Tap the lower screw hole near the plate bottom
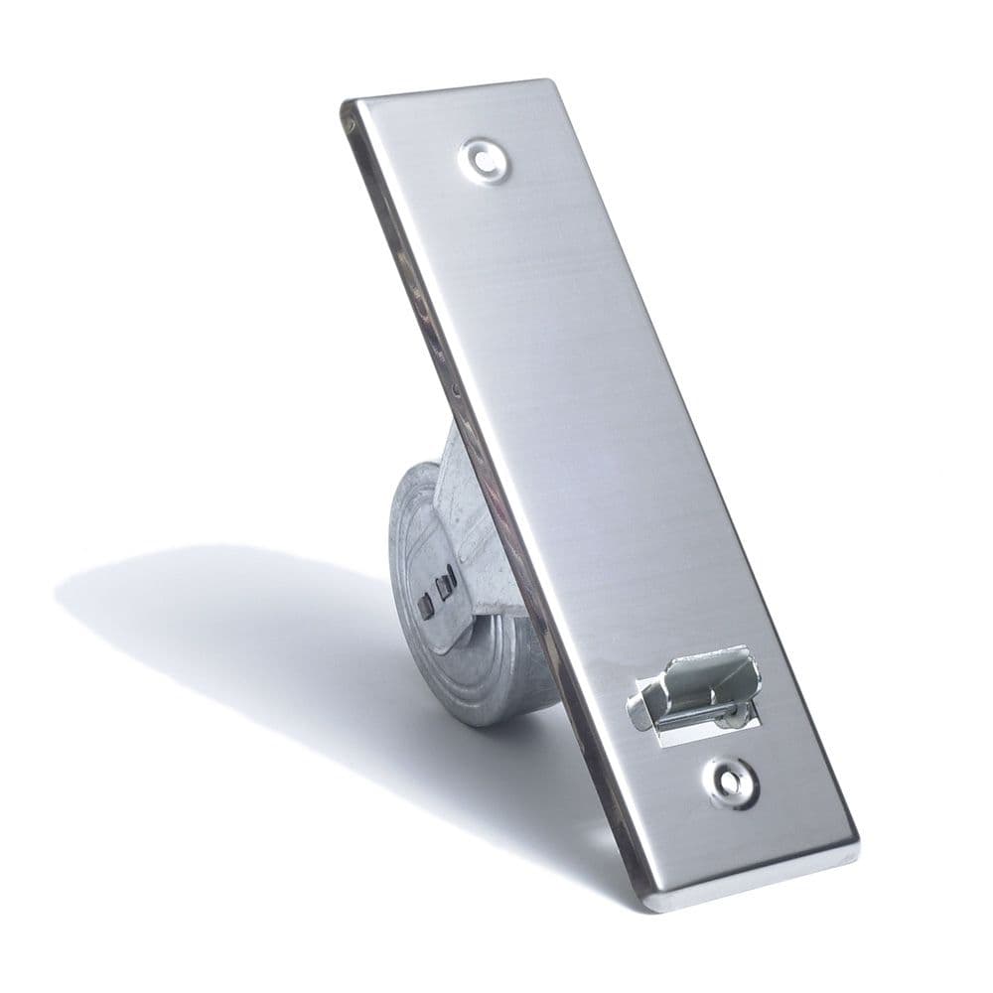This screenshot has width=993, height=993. tap(732, 782)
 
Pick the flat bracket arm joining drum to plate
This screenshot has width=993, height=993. tap(477, 536)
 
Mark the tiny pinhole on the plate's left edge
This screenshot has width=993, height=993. tap(456, 388)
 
